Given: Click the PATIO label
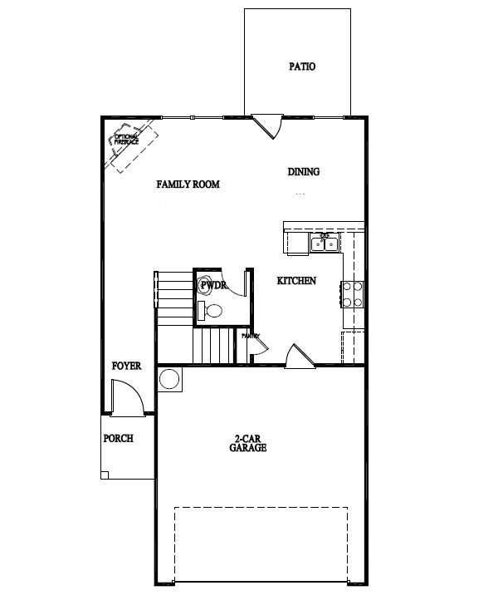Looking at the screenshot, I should (x=302, y=66).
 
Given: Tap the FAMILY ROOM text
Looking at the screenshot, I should (x=188, y=184).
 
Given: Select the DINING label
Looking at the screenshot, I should (x=304, y=172).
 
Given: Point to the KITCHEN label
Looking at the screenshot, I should (x=296, y=281).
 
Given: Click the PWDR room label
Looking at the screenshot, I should (x=212, y=285).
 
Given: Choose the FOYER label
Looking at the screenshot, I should (x=127, y=366).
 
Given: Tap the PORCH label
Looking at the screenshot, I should (x=118, y=438).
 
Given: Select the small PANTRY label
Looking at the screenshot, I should (x=251, y=337).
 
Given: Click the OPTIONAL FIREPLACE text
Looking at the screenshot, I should (x=127, y=141).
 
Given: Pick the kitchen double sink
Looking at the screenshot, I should (x=324, y=244).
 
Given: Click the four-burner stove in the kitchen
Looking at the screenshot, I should (x=353, y=293).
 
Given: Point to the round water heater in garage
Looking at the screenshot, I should (x=169, y=379).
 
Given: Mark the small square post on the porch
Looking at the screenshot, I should (x=105, y=475).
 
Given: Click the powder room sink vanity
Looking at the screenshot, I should (x=201, y=311).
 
